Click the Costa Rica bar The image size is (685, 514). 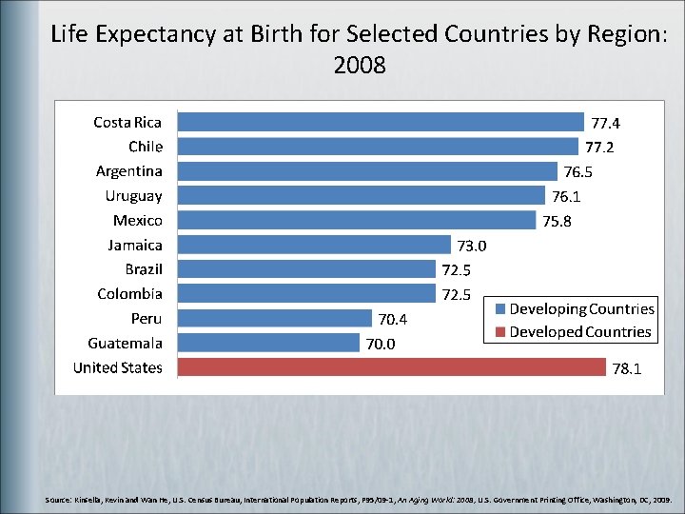tap(381, 122)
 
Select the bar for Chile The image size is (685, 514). tap(378, 147)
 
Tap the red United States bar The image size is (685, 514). tap(392, 367)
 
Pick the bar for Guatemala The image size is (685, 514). tap(269, 343)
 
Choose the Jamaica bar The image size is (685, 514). tap(314, 245)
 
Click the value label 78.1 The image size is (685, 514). tap(626, 368)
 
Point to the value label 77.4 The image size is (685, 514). tap(606, 123)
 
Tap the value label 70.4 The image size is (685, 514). tap(394, 319)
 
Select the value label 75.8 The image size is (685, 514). tap(558, 221)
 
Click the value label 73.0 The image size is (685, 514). tap(472, 246)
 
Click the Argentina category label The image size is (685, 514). tap(128, 171)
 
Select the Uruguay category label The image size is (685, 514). tap(133, 196)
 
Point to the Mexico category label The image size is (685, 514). tap(137, 221)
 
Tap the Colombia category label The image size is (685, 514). tap(129, 294)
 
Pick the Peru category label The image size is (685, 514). tap(147, 319)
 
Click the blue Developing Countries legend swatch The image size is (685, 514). tap(499, 309)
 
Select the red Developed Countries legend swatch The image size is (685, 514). tap(499, 332)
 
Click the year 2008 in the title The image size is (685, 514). tap(360, 66)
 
